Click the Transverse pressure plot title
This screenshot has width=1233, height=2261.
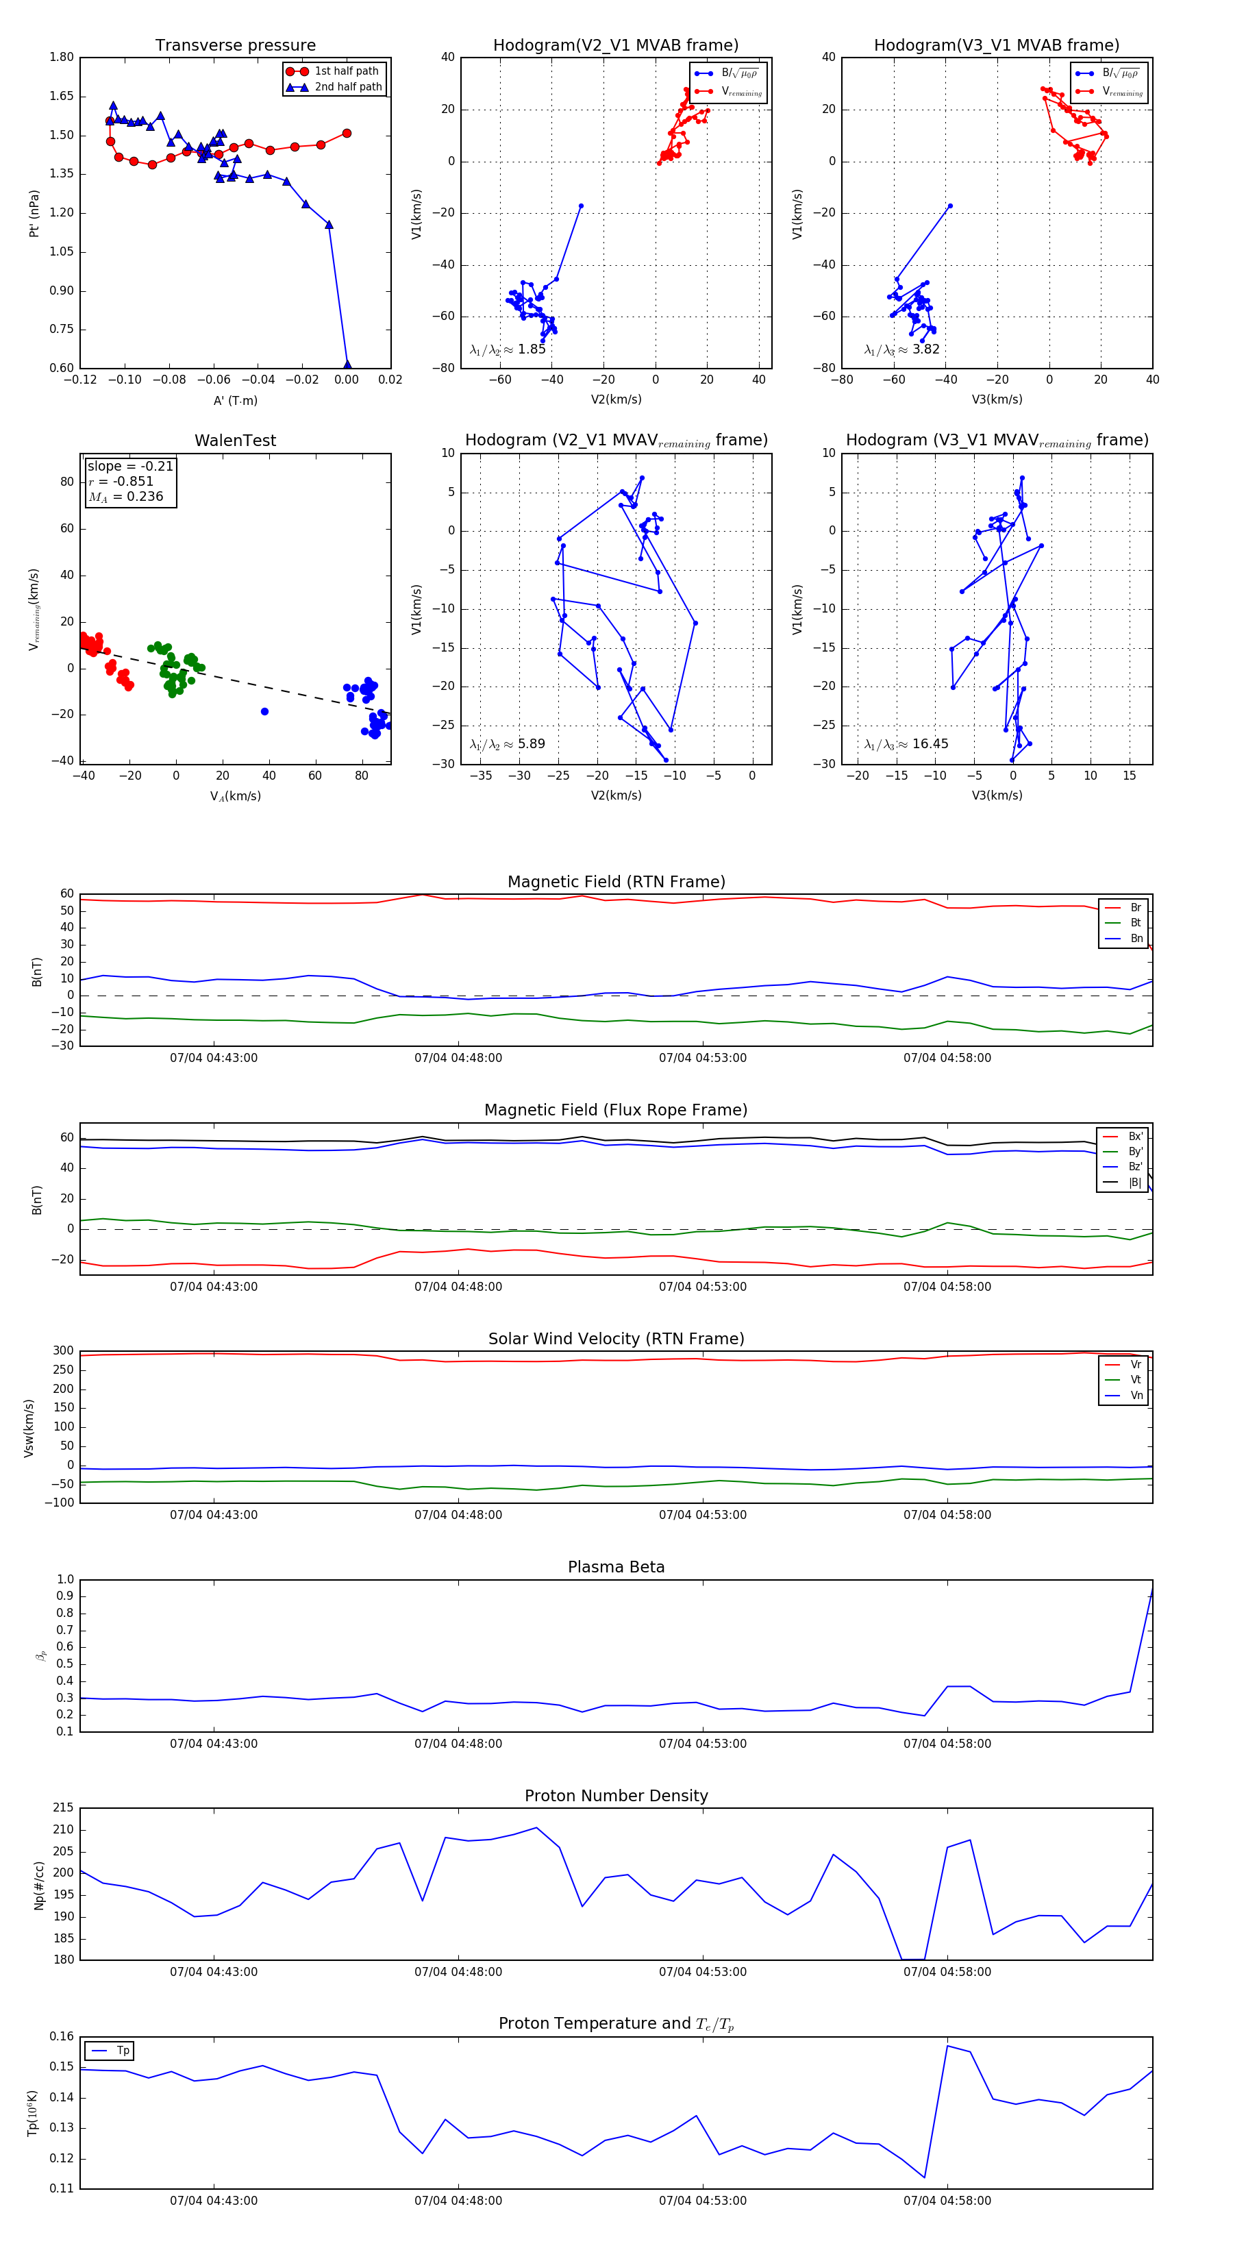click(235, 46)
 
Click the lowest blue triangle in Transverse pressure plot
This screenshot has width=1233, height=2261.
click(347, 365)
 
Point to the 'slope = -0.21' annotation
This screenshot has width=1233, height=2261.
click(130, 466)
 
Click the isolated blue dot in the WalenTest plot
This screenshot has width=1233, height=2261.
click(264, 712)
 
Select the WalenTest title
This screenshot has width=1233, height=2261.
click(235, 441)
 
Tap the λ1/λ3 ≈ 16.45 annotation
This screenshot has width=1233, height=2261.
click(906, 744)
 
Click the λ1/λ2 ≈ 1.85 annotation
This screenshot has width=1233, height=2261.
click(507, 349)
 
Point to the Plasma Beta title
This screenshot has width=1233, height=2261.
click(616, 1568)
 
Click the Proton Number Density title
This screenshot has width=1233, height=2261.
click(616, 1796)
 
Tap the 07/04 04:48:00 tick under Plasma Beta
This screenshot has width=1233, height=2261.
click(458, 1743)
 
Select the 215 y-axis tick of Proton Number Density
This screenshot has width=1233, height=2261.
click(63, 1808)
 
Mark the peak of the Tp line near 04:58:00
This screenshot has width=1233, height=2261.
click(947, 2046)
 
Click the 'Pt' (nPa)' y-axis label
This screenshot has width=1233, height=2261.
click(34, 213)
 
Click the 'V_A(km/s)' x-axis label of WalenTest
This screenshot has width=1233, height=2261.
click(235, 796)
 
